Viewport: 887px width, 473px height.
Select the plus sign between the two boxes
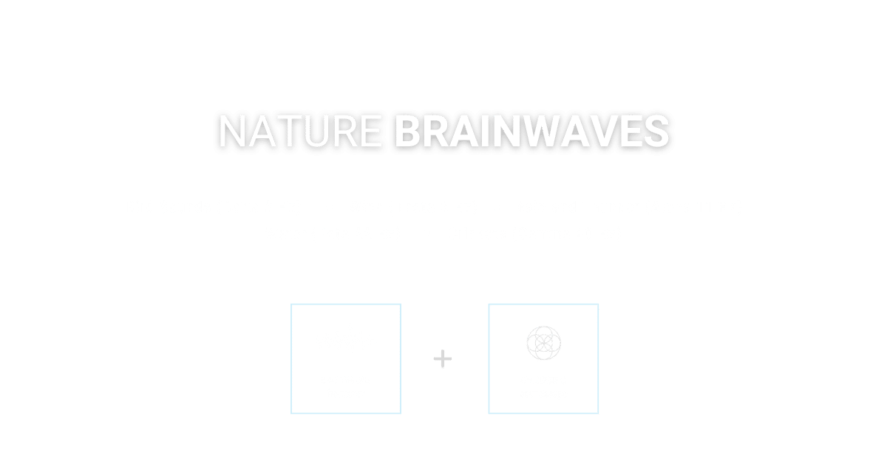click(443, 360)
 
